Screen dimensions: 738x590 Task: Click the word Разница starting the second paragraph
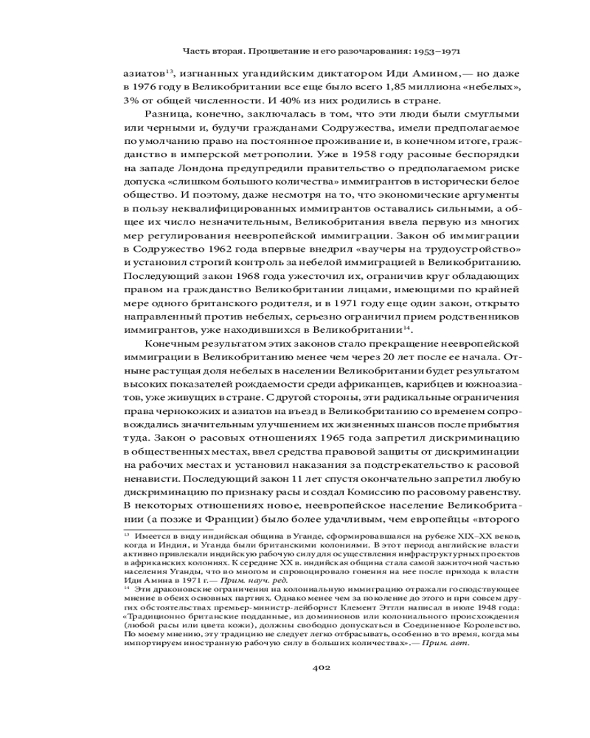click(x=167, y=116)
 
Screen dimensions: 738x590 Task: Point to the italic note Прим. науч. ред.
click(x=221, y=580)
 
